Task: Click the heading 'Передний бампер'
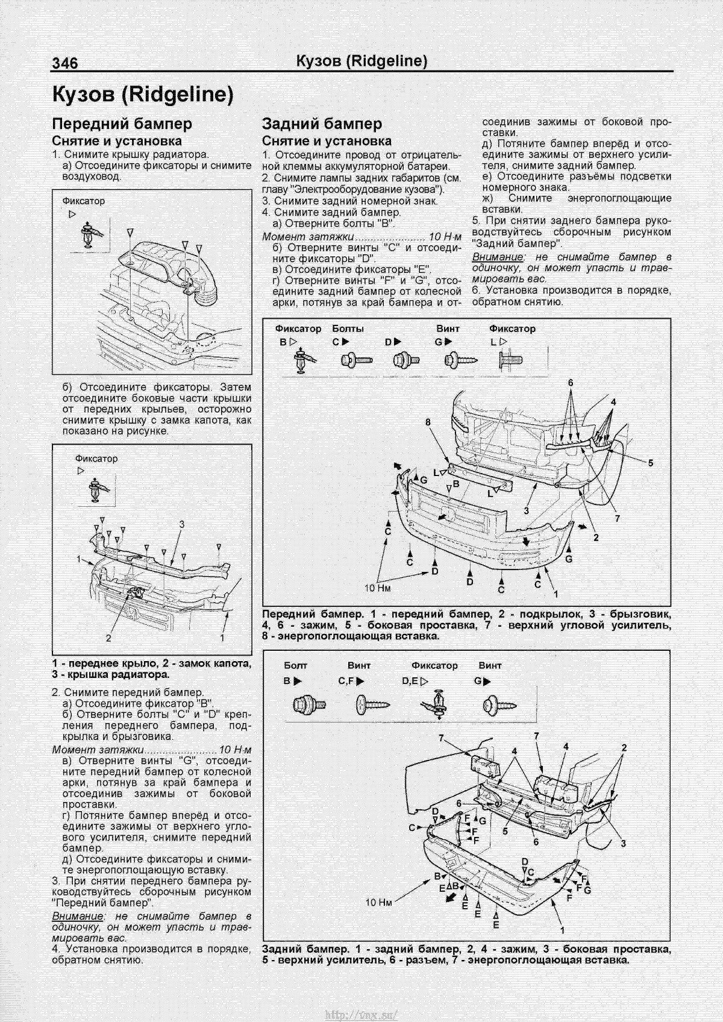tap(122, 124)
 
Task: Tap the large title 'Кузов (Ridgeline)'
tap(142, 95)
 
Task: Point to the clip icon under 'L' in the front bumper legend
tap(511, 360)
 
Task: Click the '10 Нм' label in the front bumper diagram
tap(378, 586)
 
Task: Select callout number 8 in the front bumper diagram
tap(428, 422)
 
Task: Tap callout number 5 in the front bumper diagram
tap(651, 463)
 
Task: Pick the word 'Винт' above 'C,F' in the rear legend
tap(359, 665)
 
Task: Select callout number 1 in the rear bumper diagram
tap(563, 938)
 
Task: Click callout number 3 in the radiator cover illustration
tap(181, 525)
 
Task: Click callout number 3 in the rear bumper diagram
tap(624, 842)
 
